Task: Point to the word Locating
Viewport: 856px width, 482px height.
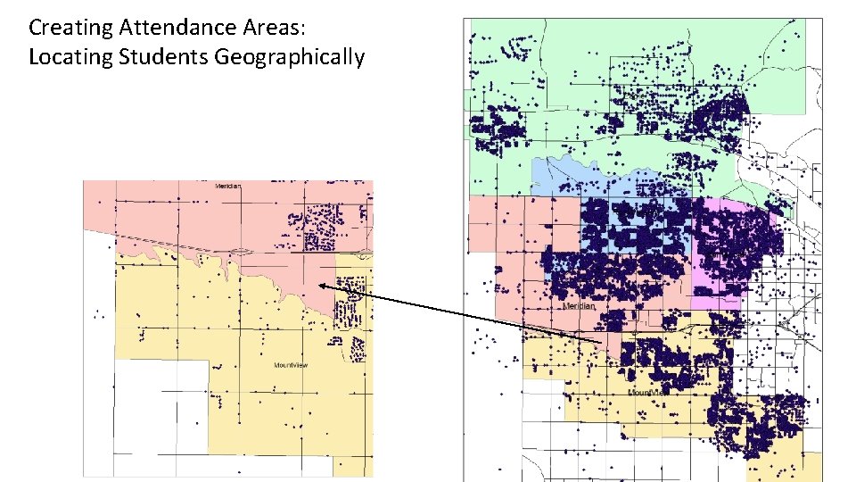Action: pos(68,57)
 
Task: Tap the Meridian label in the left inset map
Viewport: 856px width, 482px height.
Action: pos(228,186)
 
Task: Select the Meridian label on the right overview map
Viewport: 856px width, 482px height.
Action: pos(580,305)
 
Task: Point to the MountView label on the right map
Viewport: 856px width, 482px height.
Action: pos(648,392)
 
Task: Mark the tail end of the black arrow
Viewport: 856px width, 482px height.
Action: pos(604,344)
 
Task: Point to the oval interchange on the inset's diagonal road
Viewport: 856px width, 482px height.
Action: pos(240,251)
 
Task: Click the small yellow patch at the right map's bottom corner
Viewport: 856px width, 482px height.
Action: pos(811,465)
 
